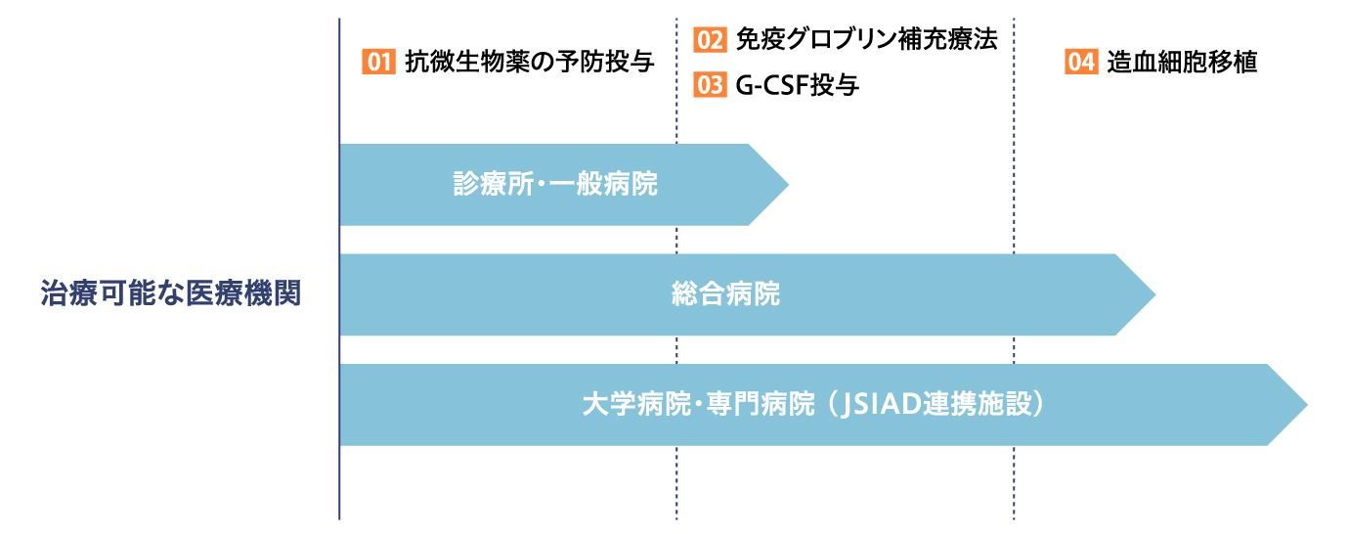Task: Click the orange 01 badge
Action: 378,62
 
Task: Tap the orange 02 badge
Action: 710,40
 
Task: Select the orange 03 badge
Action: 710,85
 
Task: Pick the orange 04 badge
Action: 1081,62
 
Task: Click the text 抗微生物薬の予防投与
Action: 530,62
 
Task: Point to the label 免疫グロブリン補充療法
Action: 867,40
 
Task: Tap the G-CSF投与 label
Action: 798,85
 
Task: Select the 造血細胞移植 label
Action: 1182,62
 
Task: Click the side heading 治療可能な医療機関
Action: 171,293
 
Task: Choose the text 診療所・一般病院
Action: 555,184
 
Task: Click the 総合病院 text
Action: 725,294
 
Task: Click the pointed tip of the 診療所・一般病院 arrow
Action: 788,184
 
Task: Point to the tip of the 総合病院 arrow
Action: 1154,294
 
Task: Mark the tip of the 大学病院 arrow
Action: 1307,405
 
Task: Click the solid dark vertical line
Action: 339,269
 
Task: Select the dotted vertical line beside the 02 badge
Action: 676,269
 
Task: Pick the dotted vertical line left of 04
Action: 1014,269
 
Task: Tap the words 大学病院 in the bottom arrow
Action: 636,404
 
